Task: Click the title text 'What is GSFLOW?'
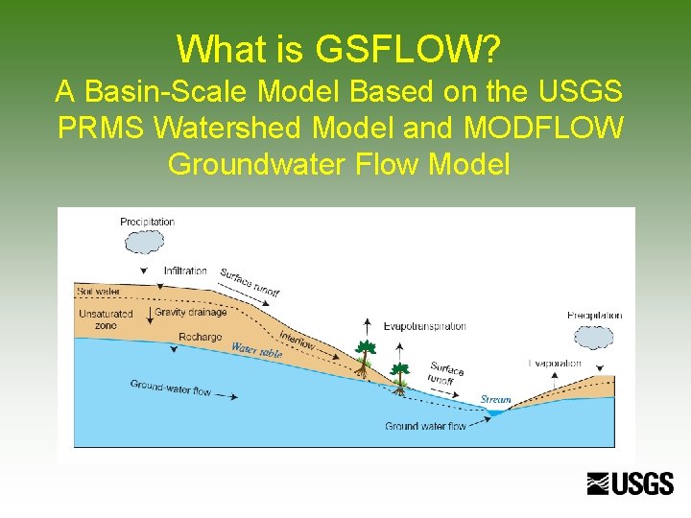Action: coord(341,47)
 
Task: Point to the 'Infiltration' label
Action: coord(185,271)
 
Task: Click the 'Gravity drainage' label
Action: coord(190,312)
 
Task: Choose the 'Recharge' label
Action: coord(200,338)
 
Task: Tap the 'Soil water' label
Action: coord(99,291)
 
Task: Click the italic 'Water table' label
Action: coord(257,350)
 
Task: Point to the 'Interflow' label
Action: coord(298,340)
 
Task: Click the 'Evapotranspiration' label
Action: coord(424,326)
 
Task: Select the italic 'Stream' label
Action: coord(495,399)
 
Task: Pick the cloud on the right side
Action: coord(595,338)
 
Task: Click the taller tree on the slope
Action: coord(364,356)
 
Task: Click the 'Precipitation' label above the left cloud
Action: coord(147,222)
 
